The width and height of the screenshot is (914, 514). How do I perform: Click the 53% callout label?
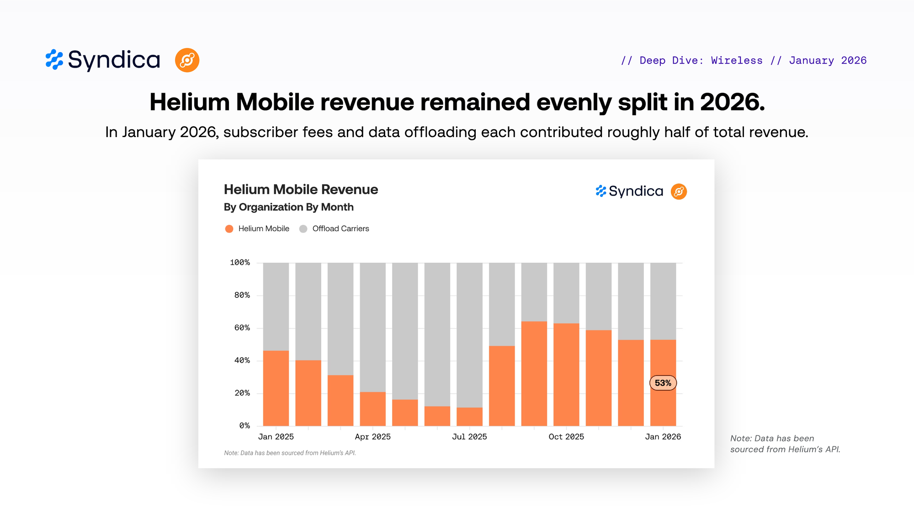point(663,383)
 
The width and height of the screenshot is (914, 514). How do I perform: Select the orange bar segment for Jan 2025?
point(276,388)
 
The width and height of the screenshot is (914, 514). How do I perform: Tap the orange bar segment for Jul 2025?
point(469,417)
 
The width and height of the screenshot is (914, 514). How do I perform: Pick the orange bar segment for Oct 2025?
point(566,375)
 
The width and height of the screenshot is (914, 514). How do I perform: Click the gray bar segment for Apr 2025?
point(372,327)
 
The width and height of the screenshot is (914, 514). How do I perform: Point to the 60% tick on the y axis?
point(242,328)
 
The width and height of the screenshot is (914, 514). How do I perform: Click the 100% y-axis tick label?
point(240,263)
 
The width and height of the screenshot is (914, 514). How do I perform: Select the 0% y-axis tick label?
point(244,426)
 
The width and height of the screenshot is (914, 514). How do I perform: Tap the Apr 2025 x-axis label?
point(372,437)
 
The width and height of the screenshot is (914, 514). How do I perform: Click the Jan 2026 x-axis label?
point(663,437)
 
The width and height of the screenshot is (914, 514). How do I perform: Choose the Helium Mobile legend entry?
point(258,228)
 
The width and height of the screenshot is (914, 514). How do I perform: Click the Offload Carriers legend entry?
point(335,228)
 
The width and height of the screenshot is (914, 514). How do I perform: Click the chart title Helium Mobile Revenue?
point(301,190)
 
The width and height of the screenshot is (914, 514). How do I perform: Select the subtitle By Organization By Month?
point(288,207)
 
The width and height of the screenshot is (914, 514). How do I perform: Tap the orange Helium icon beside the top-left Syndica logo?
point(187,60)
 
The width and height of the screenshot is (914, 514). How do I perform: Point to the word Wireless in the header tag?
point(737,60)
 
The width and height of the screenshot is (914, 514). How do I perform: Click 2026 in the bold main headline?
point(732,102)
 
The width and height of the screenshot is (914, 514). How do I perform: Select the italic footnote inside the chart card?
point(290,453)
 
